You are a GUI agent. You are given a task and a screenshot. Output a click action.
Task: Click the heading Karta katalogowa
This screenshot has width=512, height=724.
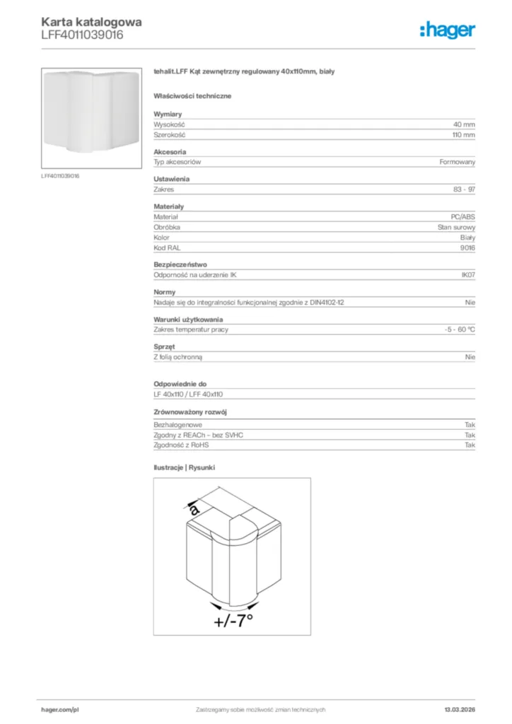click(x=92, y=22)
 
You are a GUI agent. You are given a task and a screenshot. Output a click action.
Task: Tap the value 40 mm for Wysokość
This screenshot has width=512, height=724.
click(x=464, y=124)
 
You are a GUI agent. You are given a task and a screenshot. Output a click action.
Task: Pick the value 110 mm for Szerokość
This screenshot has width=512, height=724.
click(x=463, y=134)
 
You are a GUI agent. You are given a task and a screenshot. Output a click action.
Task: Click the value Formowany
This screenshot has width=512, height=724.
click(x=457, y=162)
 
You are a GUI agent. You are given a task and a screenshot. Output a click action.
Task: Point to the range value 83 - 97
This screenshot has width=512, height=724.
click(x=464, y=189)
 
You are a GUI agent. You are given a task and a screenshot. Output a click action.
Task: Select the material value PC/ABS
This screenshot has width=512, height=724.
click(x=462, y=217)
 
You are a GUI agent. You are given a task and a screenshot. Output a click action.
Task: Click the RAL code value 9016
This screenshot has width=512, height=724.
click(x=467, y=248)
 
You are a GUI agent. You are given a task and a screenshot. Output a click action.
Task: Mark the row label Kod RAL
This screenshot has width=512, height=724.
click(x=165, y=248)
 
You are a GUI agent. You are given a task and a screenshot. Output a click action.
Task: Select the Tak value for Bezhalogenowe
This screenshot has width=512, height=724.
click(x=470, y=425)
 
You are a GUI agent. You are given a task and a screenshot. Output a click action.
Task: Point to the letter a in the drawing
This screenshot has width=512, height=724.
click(x=194, y=508)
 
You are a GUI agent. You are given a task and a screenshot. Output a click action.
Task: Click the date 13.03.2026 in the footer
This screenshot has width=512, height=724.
click(x=459, y=709)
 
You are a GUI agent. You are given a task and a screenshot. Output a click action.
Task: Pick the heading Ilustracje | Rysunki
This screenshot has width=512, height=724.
click(x=184, y=467)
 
